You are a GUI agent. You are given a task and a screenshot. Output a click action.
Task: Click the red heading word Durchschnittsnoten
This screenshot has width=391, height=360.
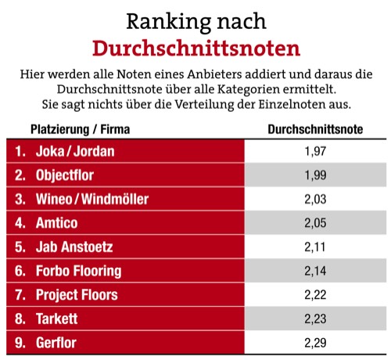[195, 49]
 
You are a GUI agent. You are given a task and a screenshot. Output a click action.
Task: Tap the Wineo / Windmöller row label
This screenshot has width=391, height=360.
[92, 199]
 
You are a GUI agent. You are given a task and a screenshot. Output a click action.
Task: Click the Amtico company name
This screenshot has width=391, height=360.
[56, 223]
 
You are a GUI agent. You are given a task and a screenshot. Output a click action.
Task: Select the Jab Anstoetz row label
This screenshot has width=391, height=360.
[75, 247]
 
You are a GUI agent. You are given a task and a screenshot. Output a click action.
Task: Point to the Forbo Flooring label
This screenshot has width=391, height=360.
[78, 271]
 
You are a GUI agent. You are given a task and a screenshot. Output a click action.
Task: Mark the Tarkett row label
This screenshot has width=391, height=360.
[58, 319]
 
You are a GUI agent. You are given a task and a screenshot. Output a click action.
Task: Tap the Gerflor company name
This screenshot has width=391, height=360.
[58, 343]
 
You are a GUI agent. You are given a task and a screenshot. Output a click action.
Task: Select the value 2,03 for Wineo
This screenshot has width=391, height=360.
[315, 199]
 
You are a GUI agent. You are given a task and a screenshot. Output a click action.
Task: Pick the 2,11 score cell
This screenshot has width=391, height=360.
[315, 247]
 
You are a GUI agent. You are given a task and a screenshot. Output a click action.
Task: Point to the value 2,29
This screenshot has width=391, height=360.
[315, 343]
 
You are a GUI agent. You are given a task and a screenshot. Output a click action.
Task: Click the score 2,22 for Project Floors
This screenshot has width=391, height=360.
[315, 295]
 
